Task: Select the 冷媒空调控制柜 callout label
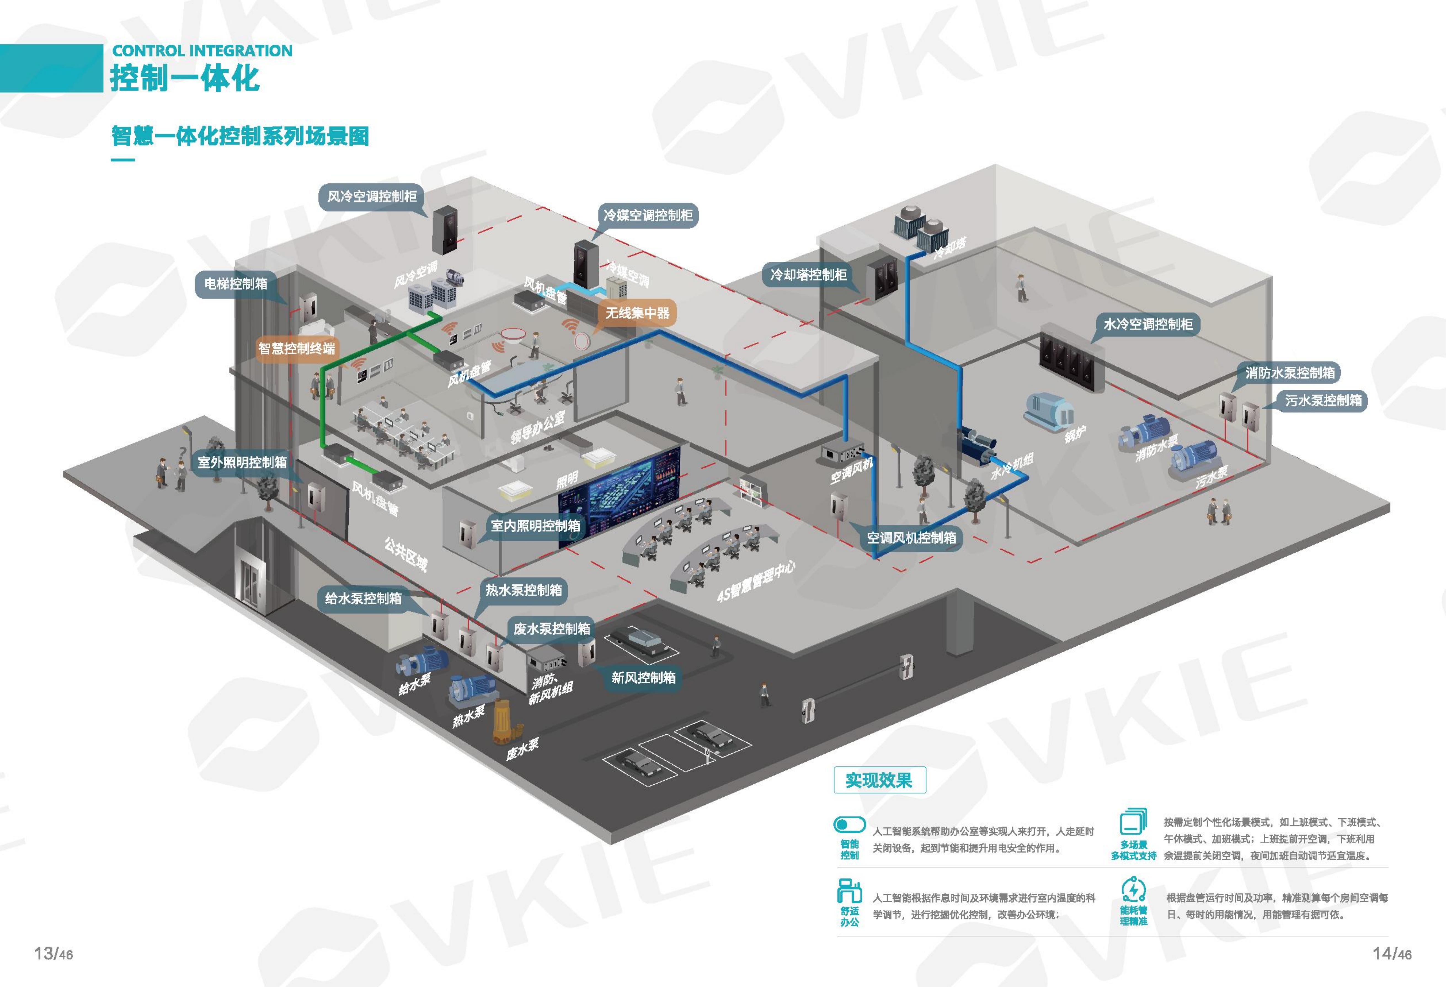647,215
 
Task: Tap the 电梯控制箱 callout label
236,283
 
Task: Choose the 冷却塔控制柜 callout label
808,274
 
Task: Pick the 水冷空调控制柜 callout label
1148,324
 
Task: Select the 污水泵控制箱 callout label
1324,400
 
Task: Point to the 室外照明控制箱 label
242,462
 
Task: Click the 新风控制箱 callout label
643,677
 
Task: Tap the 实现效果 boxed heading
879,780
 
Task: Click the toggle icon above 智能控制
849,825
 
